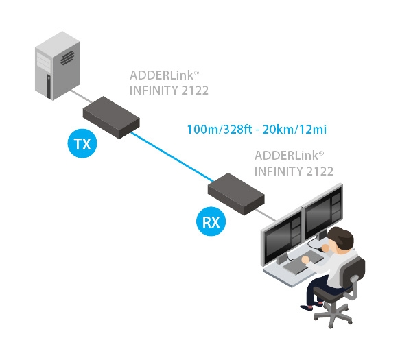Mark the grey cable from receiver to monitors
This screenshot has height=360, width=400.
[x=270, y=213]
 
